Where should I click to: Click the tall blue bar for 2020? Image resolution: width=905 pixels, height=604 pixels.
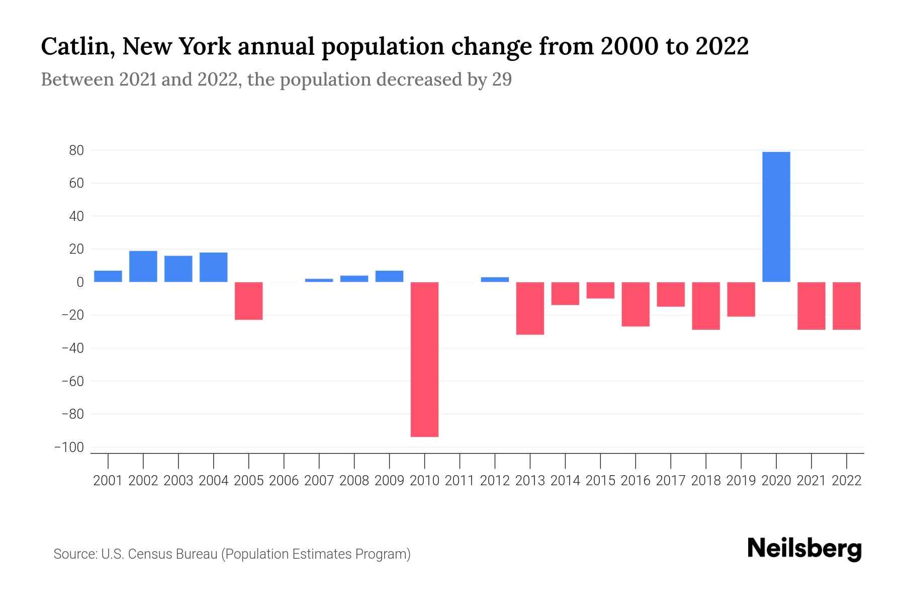tap(776, 216)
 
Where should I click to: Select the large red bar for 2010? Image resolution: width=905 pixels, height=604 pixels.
tap(425, 359)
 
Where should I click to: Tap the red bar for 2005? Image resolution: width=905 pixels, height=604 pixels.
tap(249, 300)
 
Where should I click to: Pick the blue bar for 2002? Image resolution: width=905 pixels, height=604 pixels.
tap(143, 266)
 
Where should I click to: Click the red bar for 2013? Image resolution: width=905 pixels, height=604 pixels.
tap(530, 308)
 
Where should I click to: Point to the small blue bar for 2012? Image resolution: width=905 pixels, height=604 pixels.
tap(495, 279)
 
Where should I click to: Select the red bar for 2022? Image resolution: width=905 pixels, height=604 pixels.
tap(847, 306)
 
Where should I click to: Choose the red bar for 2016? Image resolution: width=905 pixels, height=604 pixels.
tap(636, 304)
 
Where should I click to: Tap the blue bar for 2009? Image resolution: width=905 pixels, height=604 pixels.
tap(390, 276)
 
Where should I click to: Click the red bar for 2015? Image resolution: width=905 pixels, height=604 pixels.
tap(600, 290)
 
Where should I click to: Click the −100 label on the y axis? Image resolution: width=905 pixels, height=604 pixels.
tap(69, 447)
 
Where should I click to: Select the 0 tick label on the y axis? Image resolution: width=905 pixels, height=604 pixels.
tap(80, 282)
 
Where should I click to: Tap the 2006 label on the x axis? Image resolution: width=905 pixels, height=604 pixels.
tap(284, 481)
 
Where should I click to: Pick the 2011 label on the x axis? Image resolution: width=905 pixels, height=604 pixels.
tap(460, 481)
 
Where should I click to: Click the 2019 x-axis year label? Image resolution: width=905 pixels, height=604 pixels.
tap(741, 481)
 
